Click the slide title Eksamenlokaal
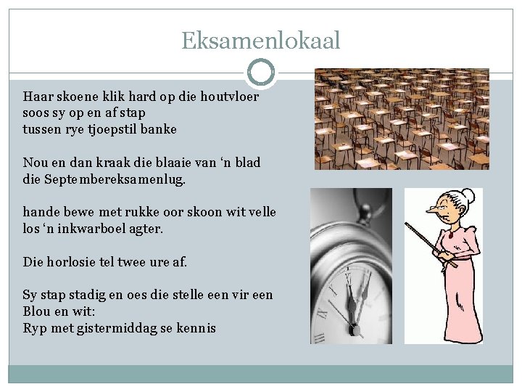tap(260, 41)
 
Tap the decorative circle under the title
tap(260, 73)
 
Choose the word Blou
tap(37, 311)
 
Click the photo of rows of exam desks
tap(401, 119)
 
